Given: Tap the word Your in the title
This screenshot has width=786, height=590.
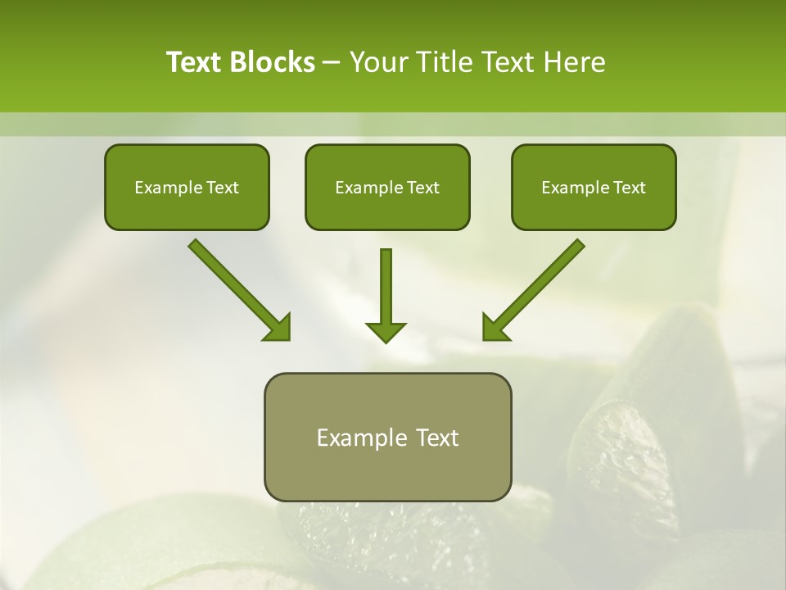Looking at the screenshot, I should click(x=380, y=62).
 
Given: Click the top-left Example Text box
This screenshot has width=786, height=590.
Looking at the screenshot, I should click(x=187, y=187).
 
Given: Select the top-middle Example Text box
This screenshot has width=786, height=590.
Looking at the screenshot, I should click(x=387, y=187).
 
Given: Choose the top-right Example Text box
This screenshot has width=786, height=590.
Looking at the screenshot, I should click(x=594, y=187).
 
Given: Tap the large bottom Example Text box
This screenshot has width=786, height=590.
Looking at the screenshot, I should click(x=387, y=437).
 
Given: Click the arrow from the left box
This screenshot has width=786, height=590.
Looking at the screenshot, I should click(x=237, y=288).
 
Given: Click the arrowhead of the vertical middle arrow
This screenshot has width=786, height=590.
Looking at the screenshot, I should click(x=386, y=332).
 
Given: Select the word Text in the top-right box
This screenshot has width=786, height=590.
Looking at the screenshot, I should click(x=629, y=188).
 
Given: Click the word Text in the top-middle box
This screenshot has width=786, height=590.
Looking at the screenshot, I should click(x=422, y=188).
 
